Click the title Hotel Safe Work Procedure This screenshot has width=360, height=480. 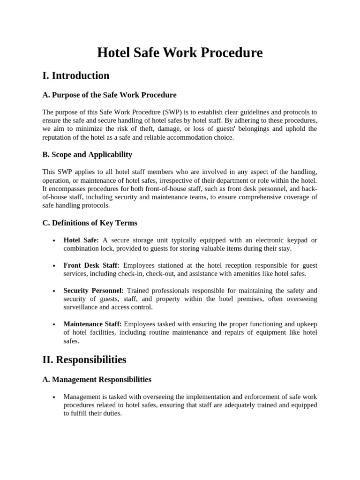(x=180, y=52)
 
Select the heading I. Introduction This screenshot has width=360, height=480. (x=76, y=75)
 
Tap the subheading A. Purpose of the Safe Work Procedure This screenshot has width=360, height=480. (x=109, y=95)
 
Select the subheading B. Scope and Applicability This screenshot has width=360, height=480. (x=87, y=155)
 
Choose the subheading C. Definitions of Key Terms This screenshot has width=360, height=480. (x=90, y=223)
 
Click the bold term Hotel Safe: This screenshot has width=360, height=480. (x=81, y=240)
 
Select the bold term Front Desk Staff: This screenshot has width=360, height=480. (x=91, y=265)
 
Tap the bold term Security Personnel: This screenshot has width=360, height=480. (x=93, y=291)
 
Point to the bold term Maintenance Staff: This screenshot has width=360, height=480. (x=92, y=324)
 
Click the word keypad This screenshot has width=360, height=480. (x=294, y=240)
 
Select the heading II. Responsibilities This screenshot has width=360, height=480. (x=84, y=360)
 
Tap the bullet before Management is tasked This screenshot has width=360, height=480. (x=54, y=397)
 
